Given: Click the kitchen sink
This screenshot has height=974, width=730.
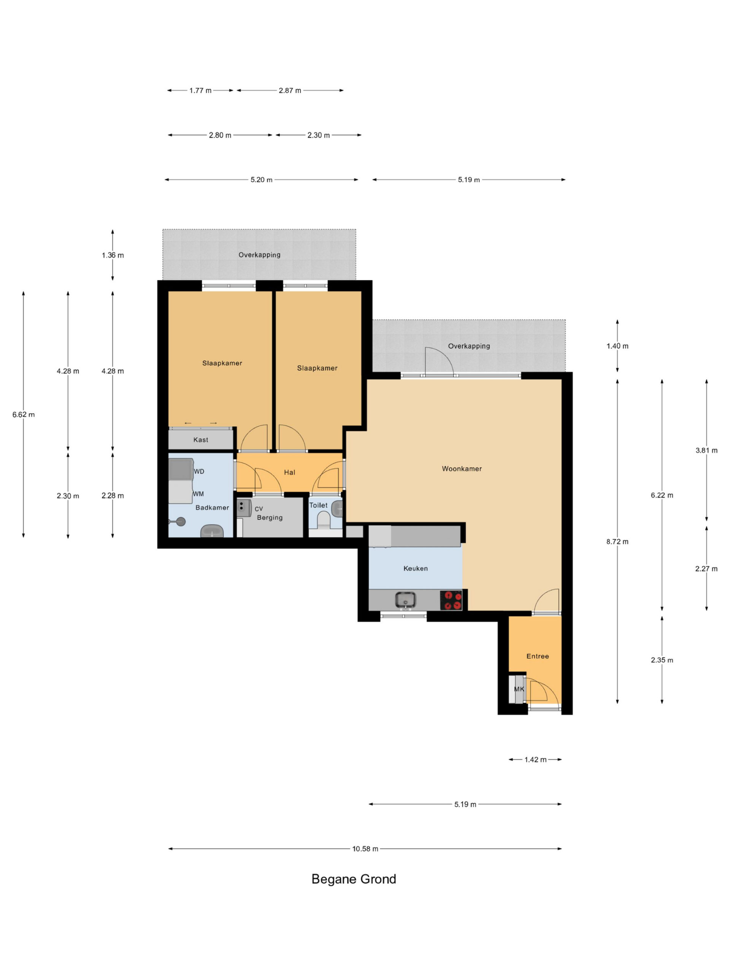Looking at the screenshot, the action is tap(405, 600).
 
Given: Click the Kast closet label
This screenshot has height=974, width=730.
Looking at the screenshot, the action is tap(201, 440).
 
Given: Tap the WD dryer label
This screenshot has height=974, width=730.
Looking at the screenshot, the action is tap(199, 471).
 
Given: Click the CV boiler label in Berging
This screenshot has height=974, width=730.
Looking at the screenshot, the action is tap(259, 509).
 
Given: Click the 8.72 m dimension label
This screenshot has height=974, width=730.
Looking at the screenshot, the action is tap(617, 542).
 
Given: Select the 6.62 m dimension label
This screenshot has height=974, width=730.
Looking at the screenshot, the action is tap(23, 414).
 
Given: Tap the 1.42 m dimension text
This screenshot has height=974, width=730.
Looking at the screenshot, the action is tap(535, 759).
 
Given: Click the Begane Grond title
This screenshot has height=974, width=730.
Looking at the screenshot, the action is tap(354, 879).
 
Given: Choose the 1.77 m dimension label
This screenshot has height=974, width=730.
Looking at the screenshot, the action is tap(201, 91).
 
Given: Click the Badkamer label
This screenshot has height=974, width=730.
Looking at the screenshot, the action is tap(212, 508).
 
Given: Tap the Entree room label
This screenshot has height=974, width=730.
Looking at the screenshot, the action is tap(538, 656).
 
